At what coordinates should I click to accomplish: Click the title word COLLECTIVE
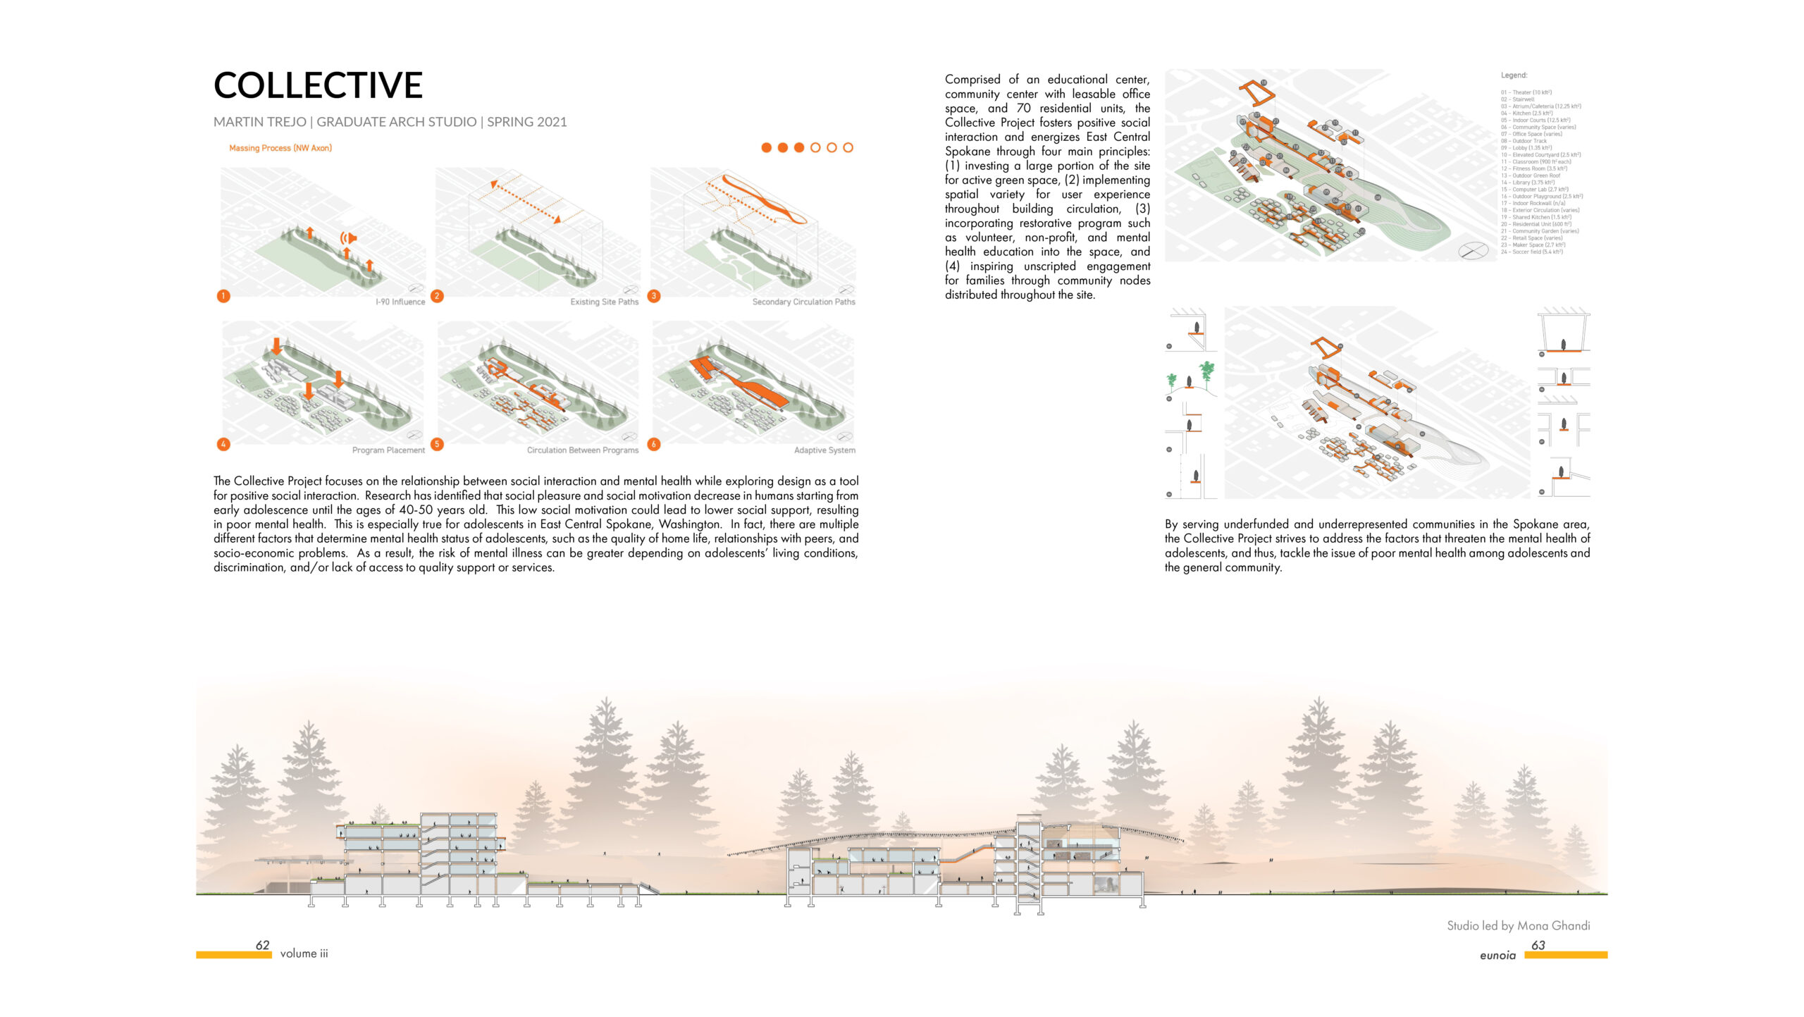[318, 85]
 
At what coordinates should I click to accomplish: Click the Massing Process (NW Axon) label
[280, 148]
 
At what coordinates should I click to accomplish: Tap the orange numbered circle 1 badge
[223, 296]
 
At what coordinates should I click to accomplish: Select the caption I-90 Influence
[400, 302]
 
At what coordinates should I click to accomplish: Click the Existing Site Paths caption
[604, 302]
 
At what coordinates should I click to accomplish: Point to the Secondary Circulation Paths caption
[803, 302]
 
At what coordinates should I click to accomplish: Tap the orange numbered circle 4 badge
[223, 444]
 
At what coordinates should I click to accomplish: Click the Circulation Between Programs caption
[582, 450]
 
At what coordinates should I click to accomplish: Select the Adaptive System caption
[824, 450]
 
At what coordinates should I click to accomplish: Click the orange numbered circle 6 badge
[654, 444]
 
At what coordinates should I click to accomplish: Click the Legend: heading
[1514, 75]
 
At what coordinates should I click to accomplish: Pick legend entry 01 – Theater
[1526, 92]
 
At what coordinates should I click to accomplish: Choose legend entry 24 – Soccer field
[1531, 252]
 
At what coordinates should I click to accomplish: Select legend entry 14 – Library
[1527, 183]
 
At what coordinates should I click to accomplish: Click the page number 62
[263, 945]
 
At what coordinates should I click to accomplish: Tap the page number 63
[1538, 945]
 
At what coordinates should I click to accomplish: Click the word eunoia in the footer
[1497, 955]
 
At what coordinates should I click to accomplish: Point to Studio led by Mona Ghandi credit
[1518, 925]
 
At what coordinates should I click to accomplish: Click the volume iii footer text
[304, 954]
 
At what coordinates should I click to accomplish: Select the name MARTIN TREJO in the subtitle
[259, 122]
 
